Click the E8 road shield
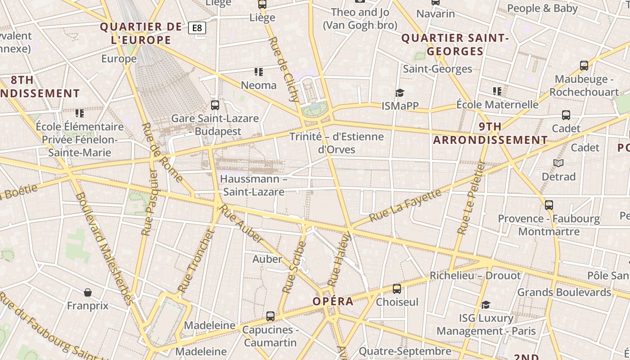197,28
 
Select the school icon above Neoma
258,72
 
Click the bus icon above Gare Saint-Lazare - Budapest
215,105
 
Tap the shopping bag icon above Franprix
88,293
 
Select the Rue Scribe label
294,268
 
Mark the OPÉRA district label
333,301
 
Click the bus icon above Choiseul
397,289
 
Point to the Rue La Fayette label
405,205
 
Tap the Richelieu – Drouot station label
475,275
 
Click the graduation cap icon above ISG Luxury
486,305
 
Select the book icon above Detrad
558,163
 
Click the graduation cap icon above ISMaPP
400,93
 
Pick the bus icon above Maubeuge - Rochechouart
584,66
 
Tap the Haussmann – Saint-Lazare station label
254,185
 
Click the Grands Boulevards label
564,292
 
